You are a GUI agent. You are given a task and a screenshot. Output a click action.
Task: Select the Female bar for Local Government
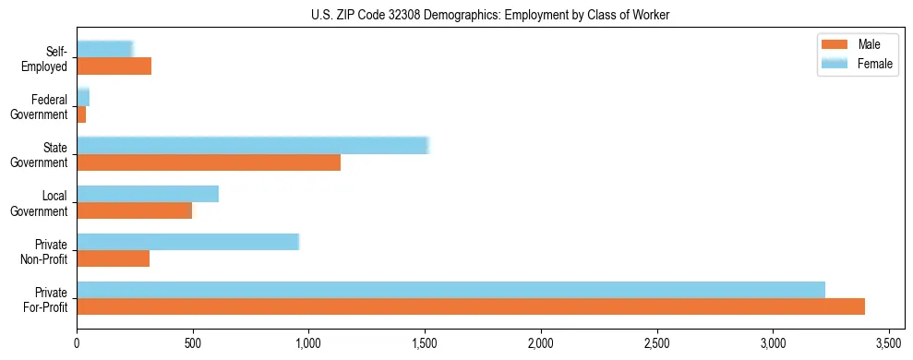coord(148,194)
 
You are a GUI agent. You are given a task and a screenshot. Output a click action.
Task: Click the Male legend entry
coord(869,45)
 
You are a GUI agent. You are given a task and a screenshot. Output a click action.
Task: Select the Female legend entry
coord(874,63)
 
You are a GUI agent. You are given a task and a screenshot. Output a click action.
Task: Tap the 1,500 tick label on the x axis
coord(425,344)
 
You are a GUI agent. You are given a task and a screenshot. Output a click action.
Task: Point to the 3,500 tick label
coord(889,344)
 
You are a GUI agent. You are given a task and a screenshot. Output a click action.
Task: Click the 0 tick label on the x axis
coord(77,344)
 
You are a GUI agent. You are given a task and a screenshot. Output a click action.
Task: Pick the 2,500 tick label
coord(656,344)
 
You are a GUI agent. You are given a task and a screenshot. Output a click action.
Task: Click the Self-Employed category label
coord(50,59)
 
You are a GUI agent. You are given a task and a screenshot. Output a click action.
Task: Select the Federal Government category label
coord(42,107)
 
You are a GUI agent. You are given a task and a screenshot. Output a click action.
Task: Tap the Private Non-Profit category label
coord(46,251)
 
